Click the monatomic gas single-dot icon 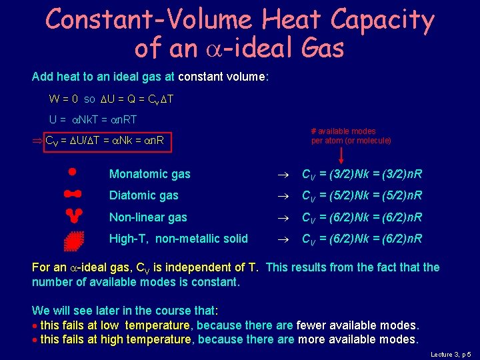(x=72, y=171)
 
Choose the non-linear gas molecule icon (x=73, y=215)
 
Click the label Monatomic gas (x=149, y=174)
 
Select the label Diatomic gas (x=143, y=195)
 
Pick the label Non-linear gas (x=148, y=217)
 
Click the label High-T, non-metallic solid (x=178, y=239)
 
